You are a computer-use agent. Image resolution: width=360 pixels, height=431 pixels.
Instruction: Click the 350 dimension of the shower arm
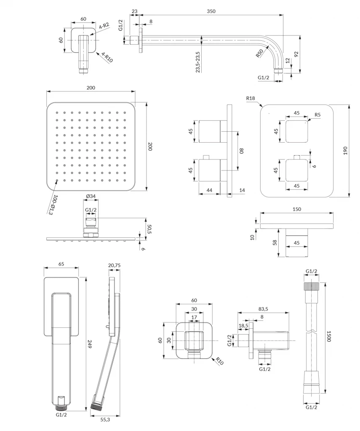point(211,11)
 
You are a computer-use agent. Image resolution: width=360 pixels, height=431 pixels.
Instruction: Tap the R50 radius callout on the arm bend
point(259,53)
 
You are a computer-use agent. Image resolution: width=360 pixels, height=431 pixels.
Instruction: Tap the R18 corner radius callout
point(251,98)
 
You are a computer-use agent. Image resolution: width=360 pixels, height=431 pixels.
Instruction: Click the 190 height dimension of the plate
point(345,151)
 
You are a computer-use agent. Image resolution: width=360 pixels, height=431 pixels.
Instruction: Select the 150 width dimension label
point(297,209)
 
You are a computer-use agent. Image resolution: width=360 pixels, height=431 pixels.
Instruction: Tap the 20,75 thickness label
point(114,266)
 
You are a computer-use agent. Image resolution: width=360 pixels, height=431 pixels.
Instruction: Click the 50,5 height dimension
point(148,229)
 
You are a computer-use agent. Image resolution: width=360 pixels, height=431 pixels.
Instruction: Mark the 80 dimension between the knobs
point(242,151)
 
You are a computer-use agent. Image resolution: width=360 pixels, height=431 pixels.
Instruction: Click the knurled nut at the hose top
point(312,287)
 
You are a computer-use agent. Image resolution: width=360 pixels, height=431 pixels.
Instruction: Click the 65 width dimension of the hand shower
point(61,264)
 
